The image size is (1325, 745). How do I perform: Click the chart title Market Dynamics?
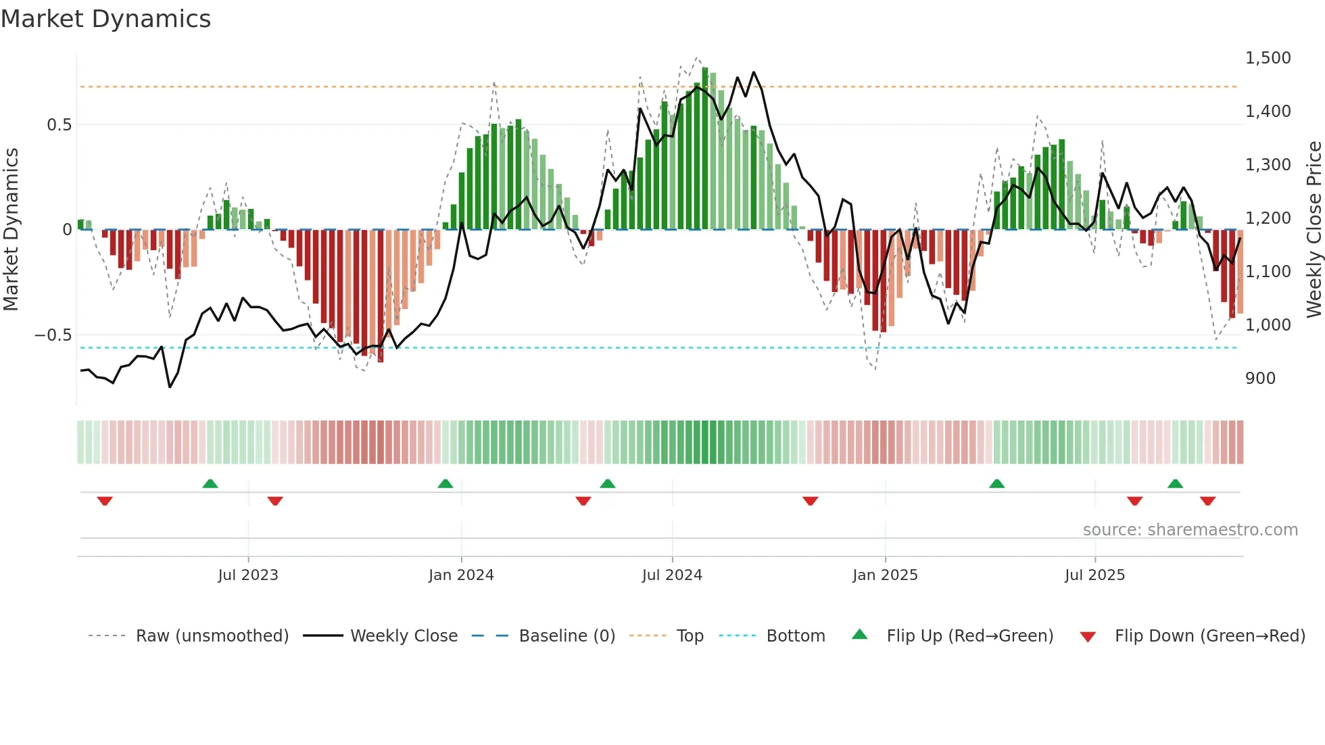[x=105, y=19]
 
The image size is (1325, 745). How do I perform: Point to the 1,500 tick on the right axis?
[x=1268, y=58]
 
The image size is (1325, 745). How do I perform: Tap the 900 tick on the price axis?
[x=1260, y=379]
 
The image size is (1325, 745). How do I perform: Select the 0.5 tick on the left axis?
[x=59, y=125]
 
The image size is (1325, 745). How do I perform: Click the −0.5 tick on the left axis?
[x=53, y=335]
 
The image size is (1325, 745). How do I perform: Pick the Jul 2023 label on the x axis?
[x=248, y=575]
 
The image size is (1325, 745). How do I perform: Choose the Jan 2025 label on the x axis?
[x=885, y=575]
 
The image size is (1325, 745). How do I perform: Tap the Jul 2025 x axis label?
[x=1094, y=575]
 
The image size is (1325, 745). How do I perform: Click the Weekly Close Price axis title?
[x=1314, y=230]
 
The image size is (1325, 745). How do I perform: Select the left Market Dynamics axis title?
[x=11, y=230]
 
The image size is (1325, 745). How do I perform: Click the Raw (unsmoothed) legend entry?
[x=212, y=636]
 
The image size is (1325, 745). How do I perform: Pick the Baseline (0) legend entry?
[x=567, y=636]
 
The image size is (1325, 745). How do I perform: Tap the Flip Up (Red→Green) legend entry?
[x=969, y=636]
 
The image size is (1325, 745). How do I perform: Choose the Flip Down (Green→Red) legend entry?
[x=1209, y=636]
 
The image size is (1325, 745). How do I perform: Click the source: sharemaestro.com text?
[x=1190, y=530]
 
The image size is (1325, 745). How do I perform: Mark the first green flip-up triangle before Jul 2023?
[x=210, y=483]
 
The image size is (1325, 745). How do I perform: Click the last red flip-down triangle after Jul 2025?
[x=1207, y=501]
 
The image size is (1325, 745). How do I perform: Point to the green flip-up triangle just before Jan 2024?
[x=445, y=483]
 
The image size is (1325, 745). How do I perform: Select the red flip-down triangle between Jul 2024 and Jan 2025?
[x=810, y=501]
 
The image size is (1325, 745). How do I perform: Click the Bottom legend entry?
[x=795, y=636]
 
